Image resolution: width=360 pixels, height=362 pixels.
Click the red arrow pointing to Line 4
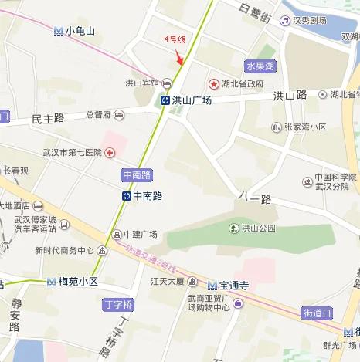pyautogui.click(x=179, y=56)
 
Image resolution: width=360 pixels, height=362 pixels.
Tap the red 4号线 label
pyautogui.click(x=175, y=39)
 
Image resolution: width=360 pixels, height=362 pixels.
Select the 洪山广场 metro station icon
pyautogui.click(x=165, y=100)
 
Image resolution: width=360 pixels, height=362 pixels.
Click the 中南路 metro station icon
pyautogui.click(x=126, y=196)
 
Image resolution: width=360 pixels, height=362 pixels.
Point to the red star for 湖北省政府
pyautogui.click(x=212, y=83)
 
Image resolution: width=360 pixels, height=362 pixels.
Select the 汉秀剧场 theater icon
pyautogui.click(x=286, y=21)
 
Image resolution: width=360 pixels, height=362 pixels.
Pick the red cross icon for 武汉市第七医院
pyautogui.click(x=110, y=153)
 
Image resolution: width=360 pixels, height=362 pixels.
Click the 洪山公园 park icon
pyautogui.click(x=233, y=228)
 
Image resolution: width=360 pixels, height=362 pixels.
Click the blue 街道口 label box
pyautogui.click(x=317, y=313)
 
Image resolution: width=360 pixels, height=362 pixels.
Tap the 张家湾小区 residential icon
pyautogui.click(x=276, y=127)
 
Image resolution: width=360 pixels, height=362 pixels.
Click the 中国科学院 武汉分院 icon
pyautogui.click(x=307, y=182)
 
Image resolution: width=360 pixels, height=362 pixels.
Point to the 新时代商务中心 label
pyautogui.click(x=63, y=251)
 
